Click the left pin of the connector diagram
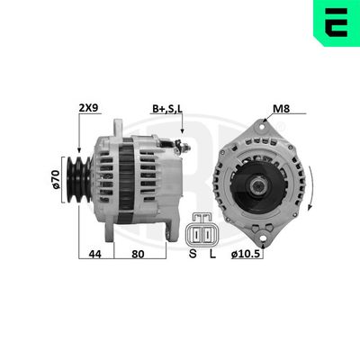point(195,233)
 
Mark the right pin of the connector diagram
point(210,233)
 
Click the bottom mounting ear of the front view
point(264,235)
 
